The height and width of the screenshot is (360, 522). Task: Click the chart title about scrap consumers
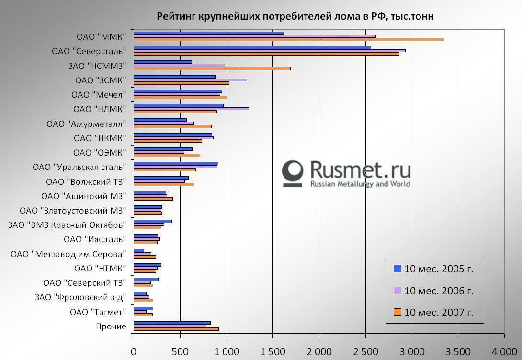[295, 17]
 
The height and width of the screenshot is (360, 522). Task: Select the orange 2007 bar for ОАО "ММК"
[289, 39]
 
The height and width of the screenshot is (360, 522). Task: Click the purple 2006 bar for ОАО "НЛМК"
[191, 109]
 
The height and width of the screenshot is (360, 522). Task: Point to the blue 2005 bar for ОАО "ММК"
[209, 33]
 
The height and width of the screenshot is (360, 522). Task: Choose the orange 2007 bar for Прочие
[176, 329]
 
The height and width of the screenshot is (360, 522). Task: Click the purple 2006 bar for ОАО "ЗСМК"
[190, 80]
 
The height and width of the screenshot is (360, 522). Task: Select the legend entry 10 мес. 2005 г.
[439, 269]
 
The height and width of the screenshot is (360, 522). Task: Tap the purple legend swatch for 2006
[397, 291]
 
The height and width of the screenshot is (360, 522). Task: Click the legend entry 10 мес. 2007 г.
[439, 313]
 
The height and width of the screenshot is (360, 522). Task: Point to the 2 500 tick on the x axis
[365, 351]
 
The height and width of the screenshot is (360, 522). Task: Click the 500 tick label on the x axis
[180, 351]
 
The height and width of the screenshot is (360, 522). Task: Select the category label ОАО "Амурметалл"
[87, 124]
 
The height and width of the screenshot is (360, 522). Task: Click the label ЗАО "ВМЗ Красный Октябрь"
[67, 225]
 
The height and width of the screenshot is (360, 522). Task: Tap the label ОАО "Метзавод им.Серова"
[68, 254]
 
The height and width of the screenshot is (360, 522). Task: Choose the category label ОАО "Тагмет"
[98, 312]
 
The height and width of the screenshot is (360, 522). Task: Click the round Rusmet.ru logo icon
[293, 172]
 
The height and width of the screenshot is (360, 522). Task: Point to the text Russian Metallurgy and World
[360, 184]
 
